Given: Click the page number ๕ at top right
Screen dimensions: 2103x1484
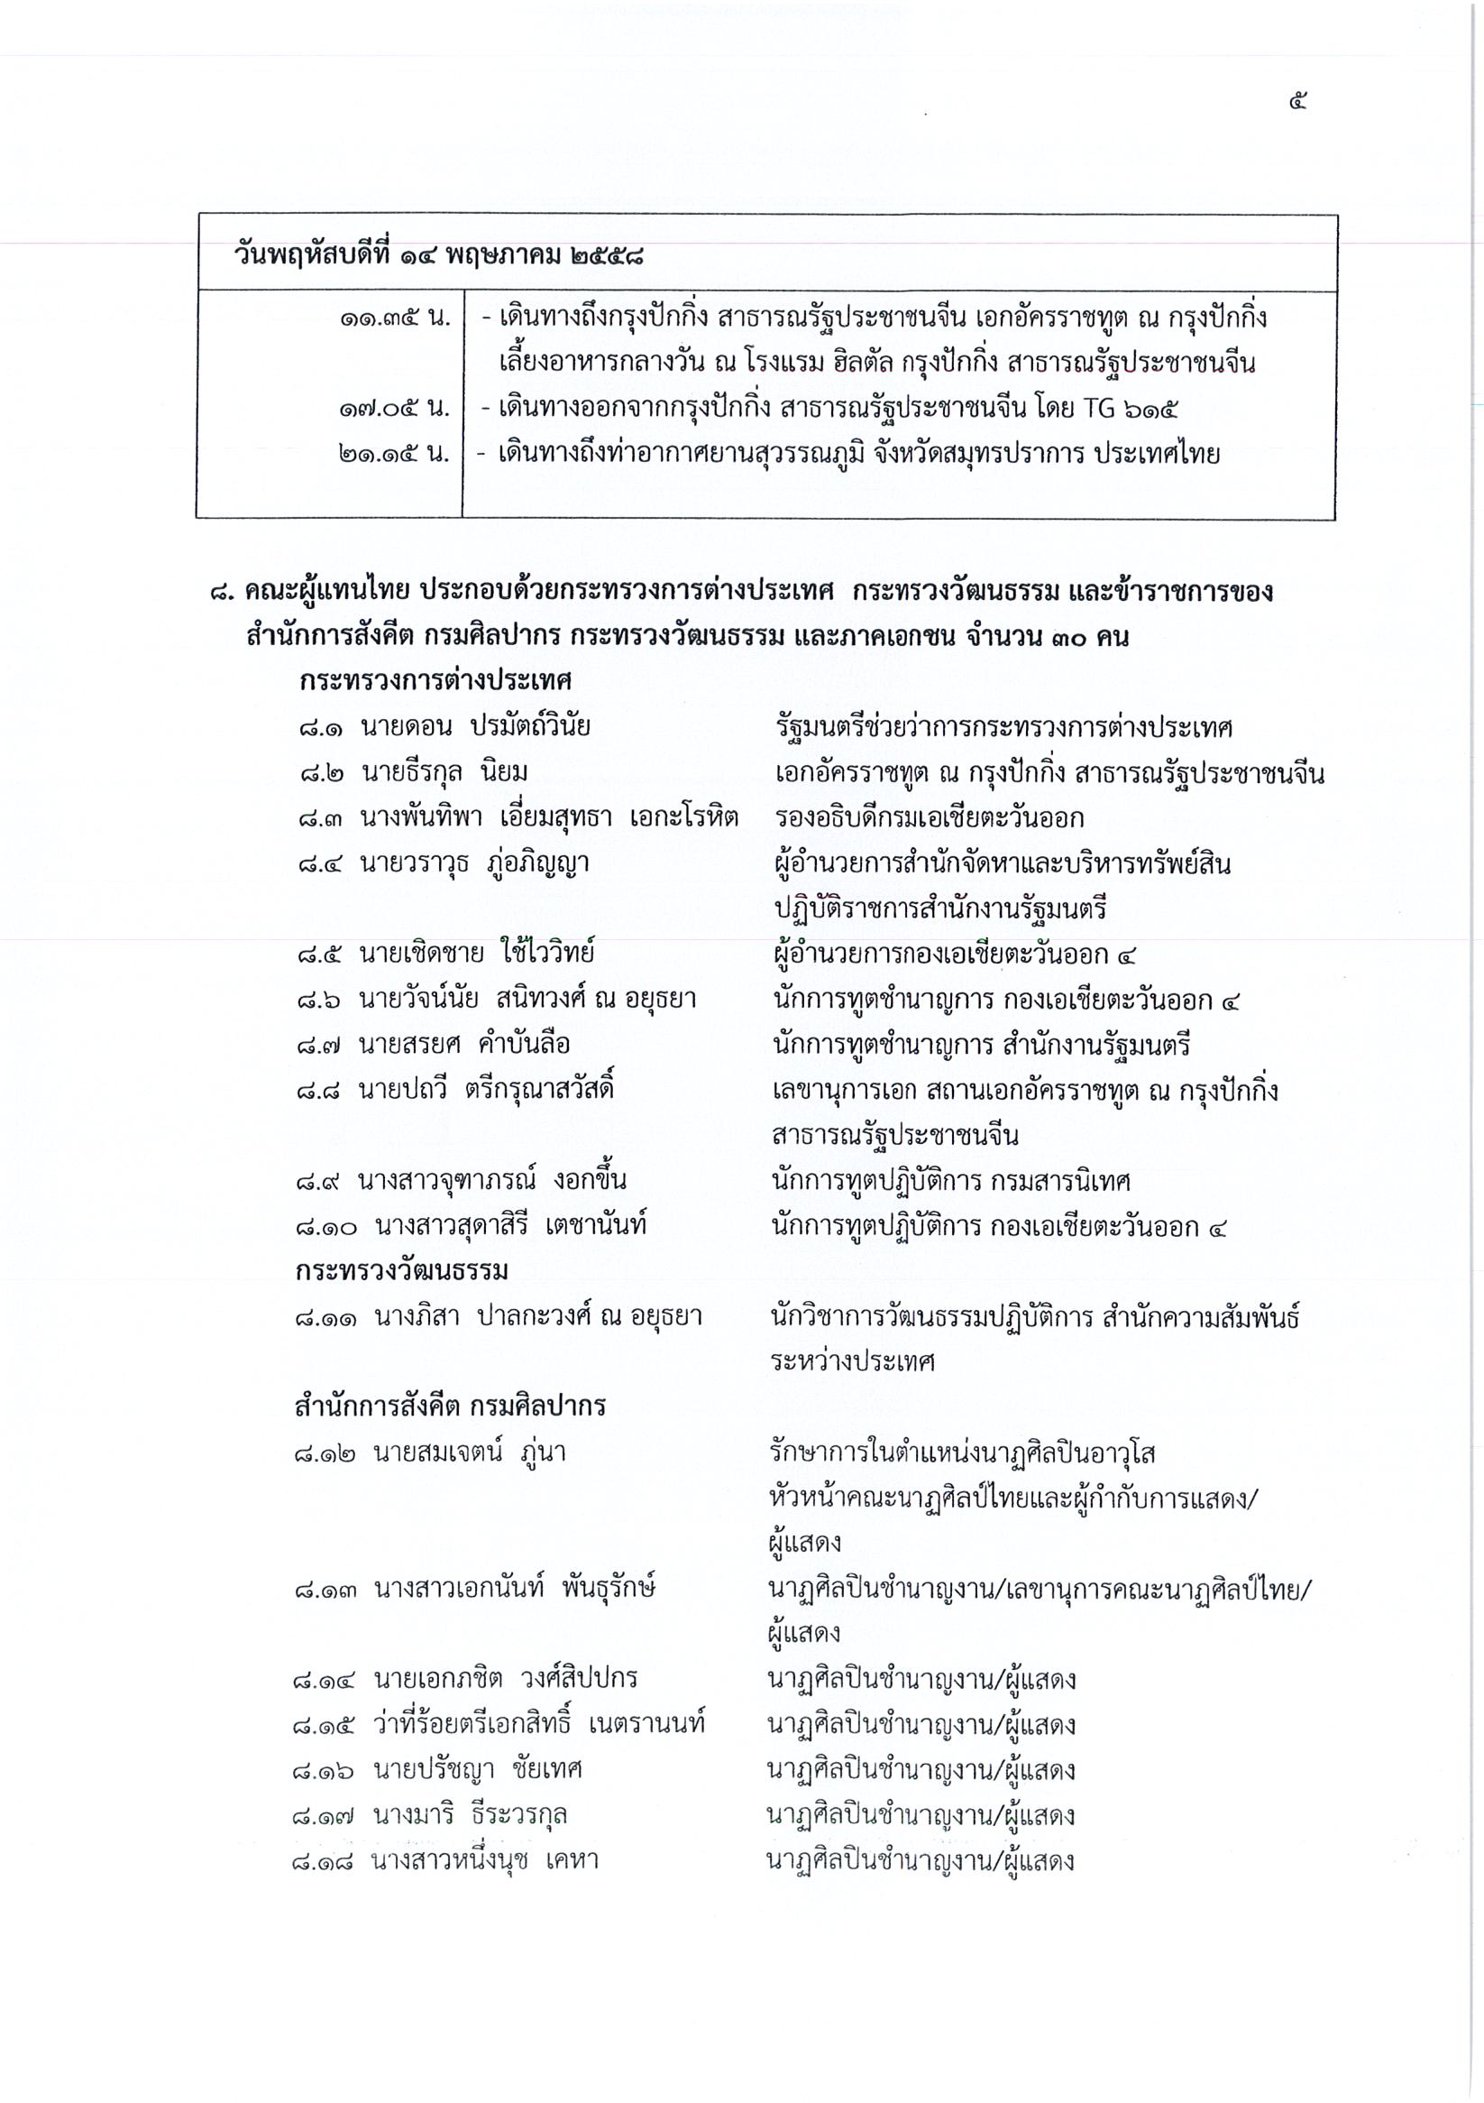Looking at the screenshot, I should coord(1298,102).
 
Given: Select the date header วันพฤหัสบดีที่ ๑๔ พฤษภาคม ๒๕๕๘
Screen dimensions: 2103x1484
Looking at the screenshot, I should coord(437,255).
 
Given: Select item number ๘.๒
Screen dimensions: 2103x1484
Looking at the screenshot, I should coord(320,773).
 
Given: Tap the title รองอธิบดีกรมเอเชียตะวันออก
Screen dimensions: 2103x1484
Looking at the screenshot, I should coord(929,818).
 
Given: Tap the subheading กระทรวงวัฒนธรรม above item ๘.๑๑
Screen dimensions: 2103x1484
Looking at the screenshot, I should coord(402,1271).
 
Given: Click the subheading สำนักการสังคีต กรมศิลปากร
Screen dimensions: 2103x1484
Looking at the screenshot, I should coord(450,1406).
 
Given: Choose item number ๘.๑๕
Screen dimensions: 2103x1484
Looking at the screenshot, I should coord(327,1726).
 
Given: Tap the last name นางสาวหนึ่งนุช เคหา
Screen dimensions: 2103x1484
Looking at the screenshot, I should coord(485,1860).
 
